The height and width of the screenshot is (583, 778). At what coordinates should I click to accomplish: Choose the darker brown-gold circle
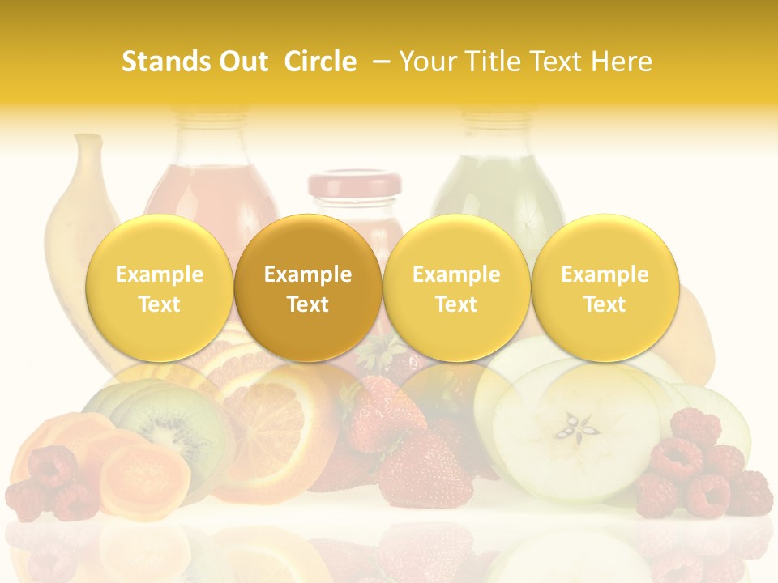(x=308, y=288)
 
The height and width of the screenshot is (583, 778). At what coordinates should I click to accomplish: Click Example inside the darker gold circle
(x=308, y=274)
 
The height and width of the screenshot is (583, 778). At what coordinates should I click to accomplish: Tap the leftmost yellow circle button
(x=160, y=288)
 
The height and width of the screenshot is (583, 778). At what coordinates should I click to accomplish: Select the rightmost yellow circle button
(x=605, y=288)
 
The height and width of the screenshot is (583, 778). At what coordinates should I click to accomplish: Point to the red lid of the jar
(x=354, y=185)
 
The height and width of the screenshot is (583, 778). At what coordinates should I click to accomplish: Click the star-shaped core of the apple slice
(x=579, y=424)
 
